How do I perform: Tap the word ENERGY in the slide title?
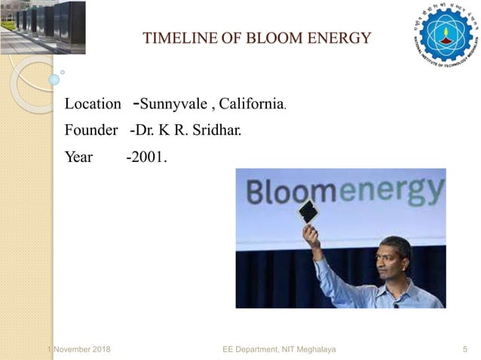(x=338, y=38)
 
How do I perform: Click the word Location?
(x=93, y=103)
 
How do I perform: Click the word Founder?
(x=91, y=130)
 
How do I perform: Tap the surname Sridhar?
(x=219, y=130)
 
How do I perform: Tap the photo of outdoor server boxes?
(x=43, y=26)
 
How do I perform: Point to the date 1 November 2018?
(x=78, y=349)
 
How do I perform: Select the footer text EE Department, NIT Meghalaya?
(x=280, y=349)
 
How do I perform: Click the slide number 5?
(x=464, y=349)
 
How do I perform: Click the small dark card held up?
(x=308, y=212)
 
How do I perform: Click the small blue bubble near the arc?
(x=54, y=78)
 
